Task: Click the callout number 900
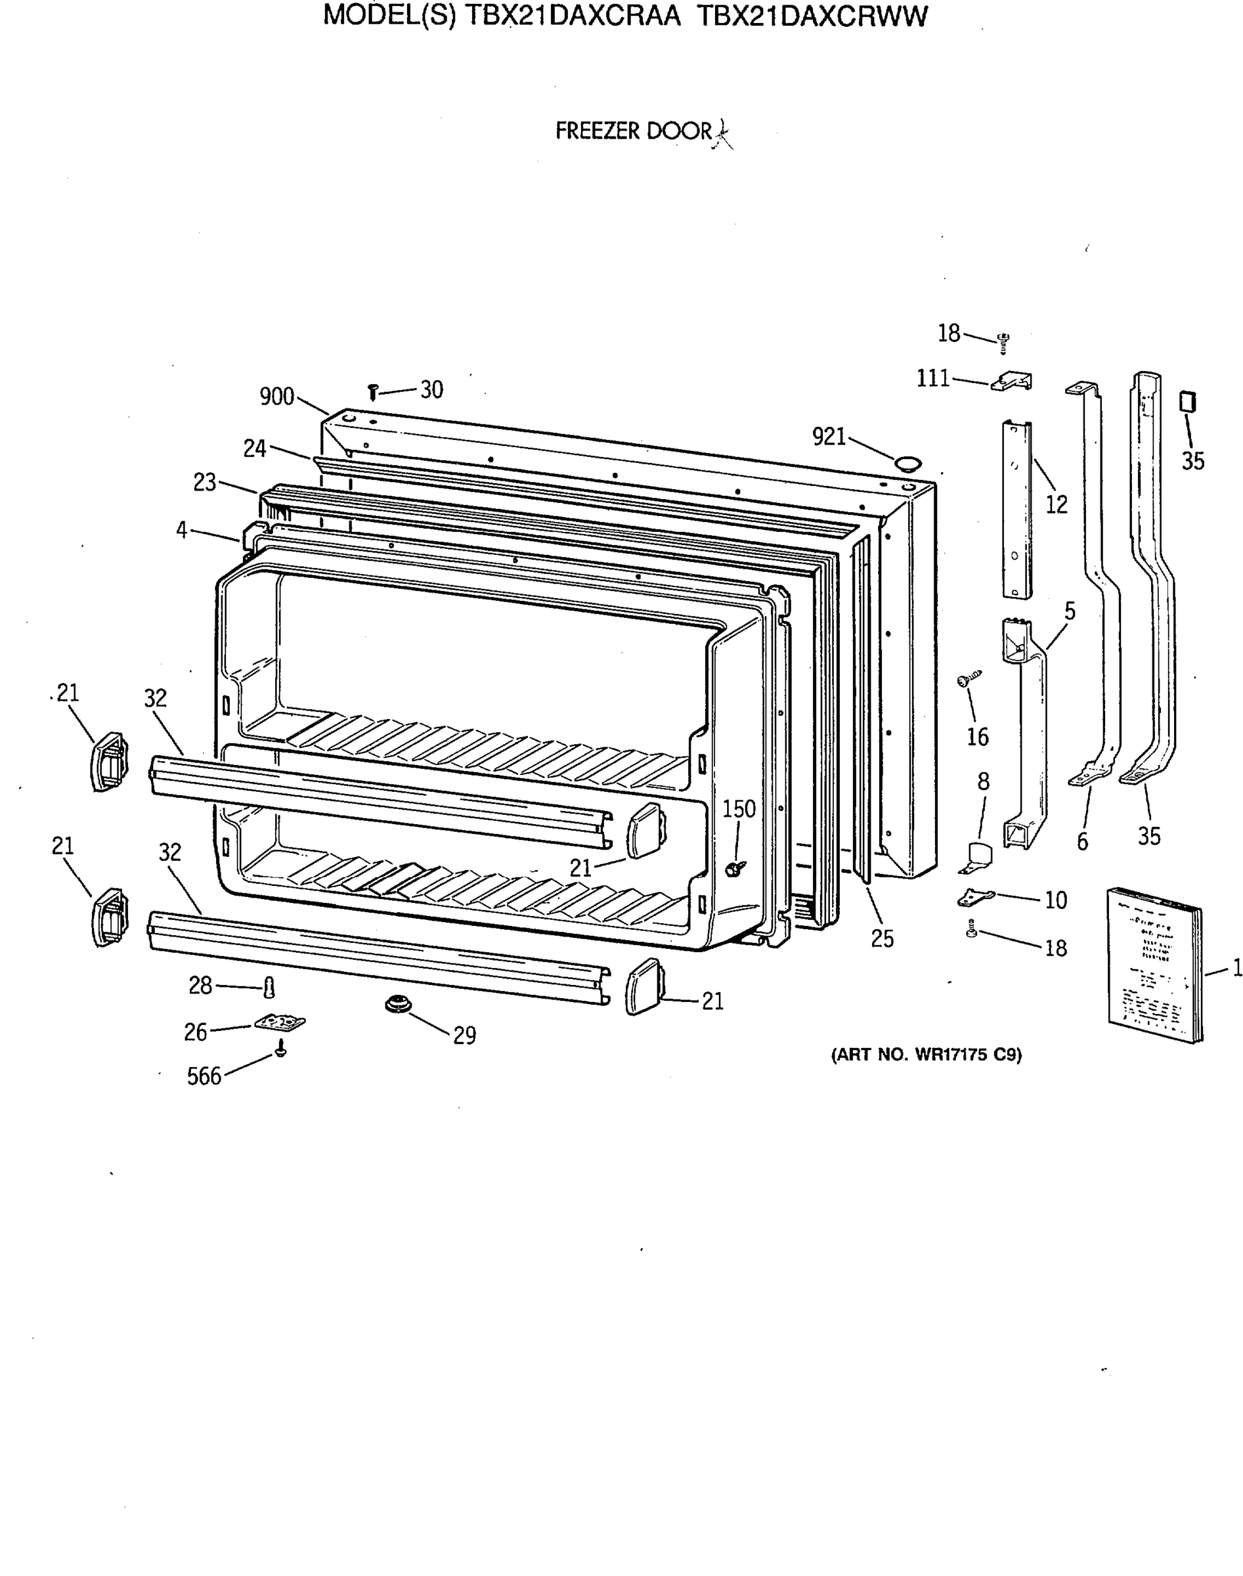(276, 397)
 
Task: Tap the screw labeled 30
(372, 393)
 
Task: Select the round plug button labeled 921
(907, 462)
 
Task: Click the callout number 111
(933, 378)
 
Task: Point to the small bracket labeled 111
(1013, 382)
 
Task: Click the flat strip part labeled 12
(1017, 510)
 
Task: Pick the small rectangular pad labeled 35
(1188, 402)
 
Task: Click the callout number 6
(1082, 842)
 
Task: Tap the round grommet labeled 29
(398, 1005)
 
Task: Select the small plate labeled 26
(280, 1023)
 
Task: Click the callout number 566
(204, 1076)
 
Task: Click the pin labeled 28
(269, 988)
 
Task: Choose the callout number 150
(739, 809)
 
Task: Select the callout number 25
(882, 938)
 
